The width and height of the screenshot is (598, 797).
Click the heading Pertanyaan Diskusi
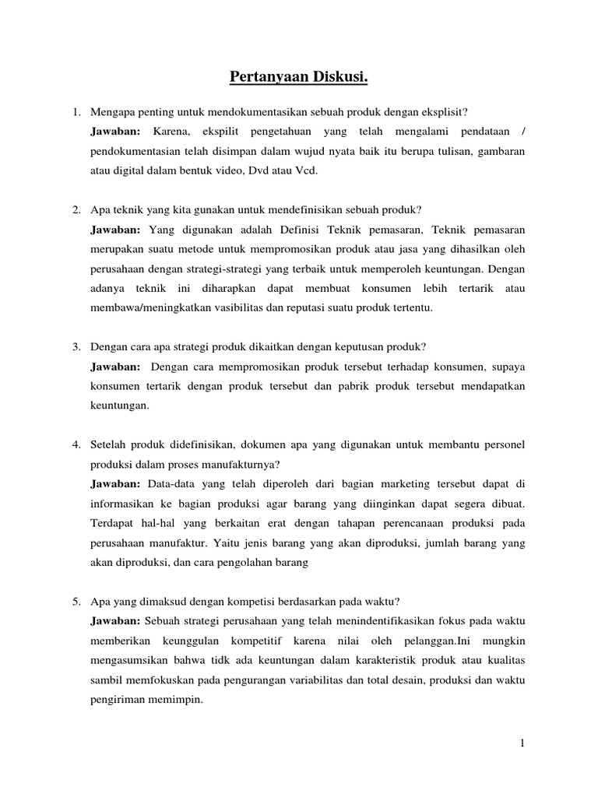click(x=299, y=77)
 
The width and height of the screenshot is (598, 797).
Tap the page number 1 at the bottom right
click(x=523, y=744)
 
